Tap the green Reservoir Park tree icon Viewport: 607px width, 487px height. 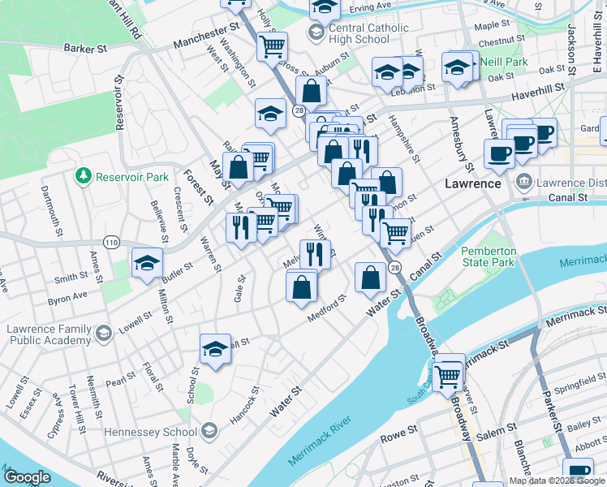(82, 176)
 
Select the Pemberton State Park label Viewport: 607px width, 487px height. (489, 256)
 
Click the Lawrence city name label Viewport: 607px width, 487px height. (472, 183)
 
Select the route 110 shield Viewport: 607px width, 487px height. (111, 242)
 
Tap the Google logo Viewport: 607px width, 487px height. (27, 477)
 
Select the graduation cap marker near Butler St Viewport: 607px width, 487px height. (148, 263)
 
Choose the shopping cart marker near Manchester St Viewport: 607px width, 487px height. (273, 45)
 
